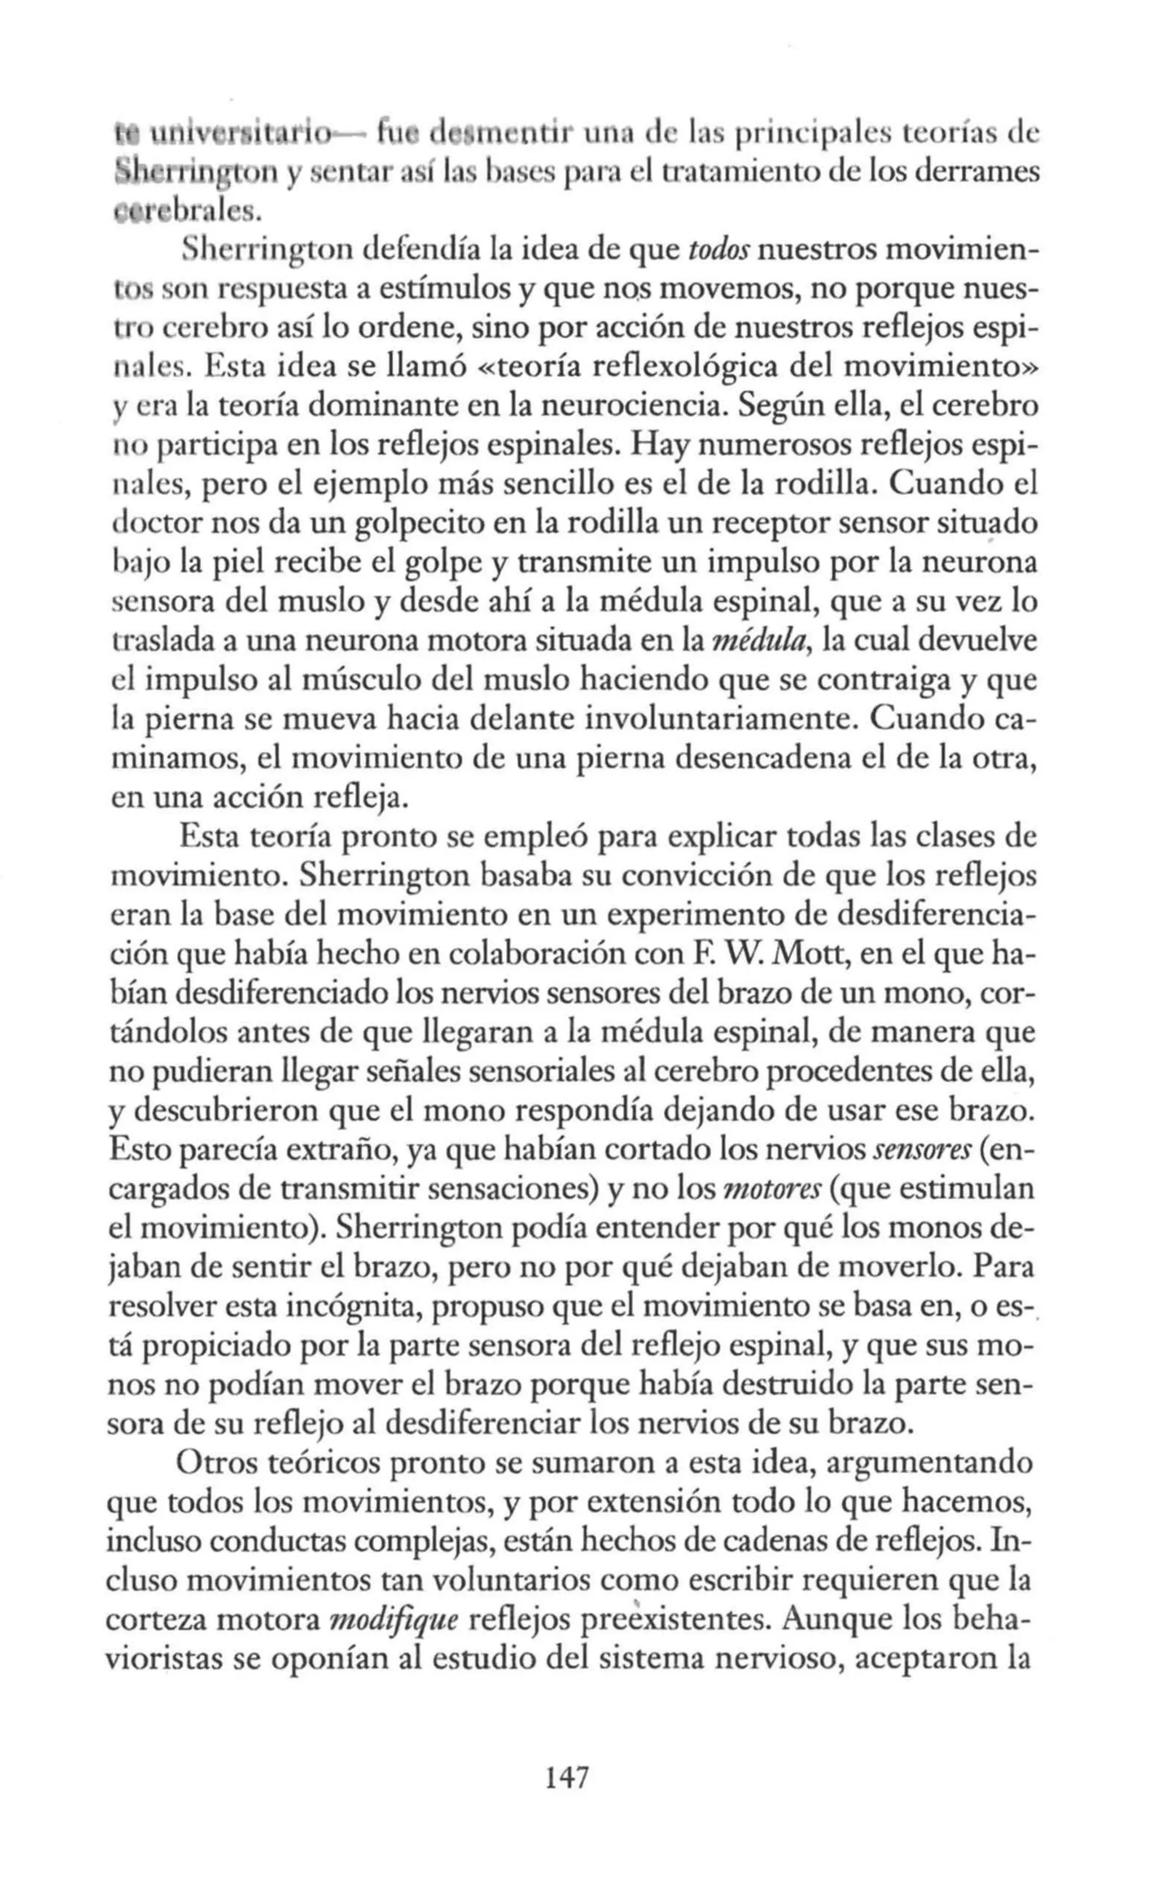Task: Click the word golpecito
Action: [421, 524]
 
